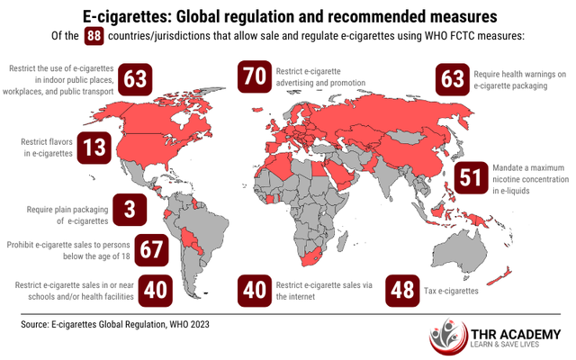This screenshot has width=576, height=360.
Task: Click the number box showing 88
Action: click(93, 37)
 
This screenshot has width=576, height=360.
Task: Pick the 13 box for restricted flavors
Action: click(95, 146)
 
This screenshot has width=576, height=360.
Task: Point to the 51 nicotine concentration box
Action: click(472, 176)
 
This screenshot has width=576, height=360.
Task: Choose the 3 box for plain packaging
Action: click(130, 211)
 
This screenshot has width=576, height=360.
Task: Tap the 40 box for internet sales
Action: click(255, 290)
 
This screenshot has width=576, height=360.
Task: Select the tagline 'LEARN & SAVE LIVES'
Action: click(508, 347)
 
